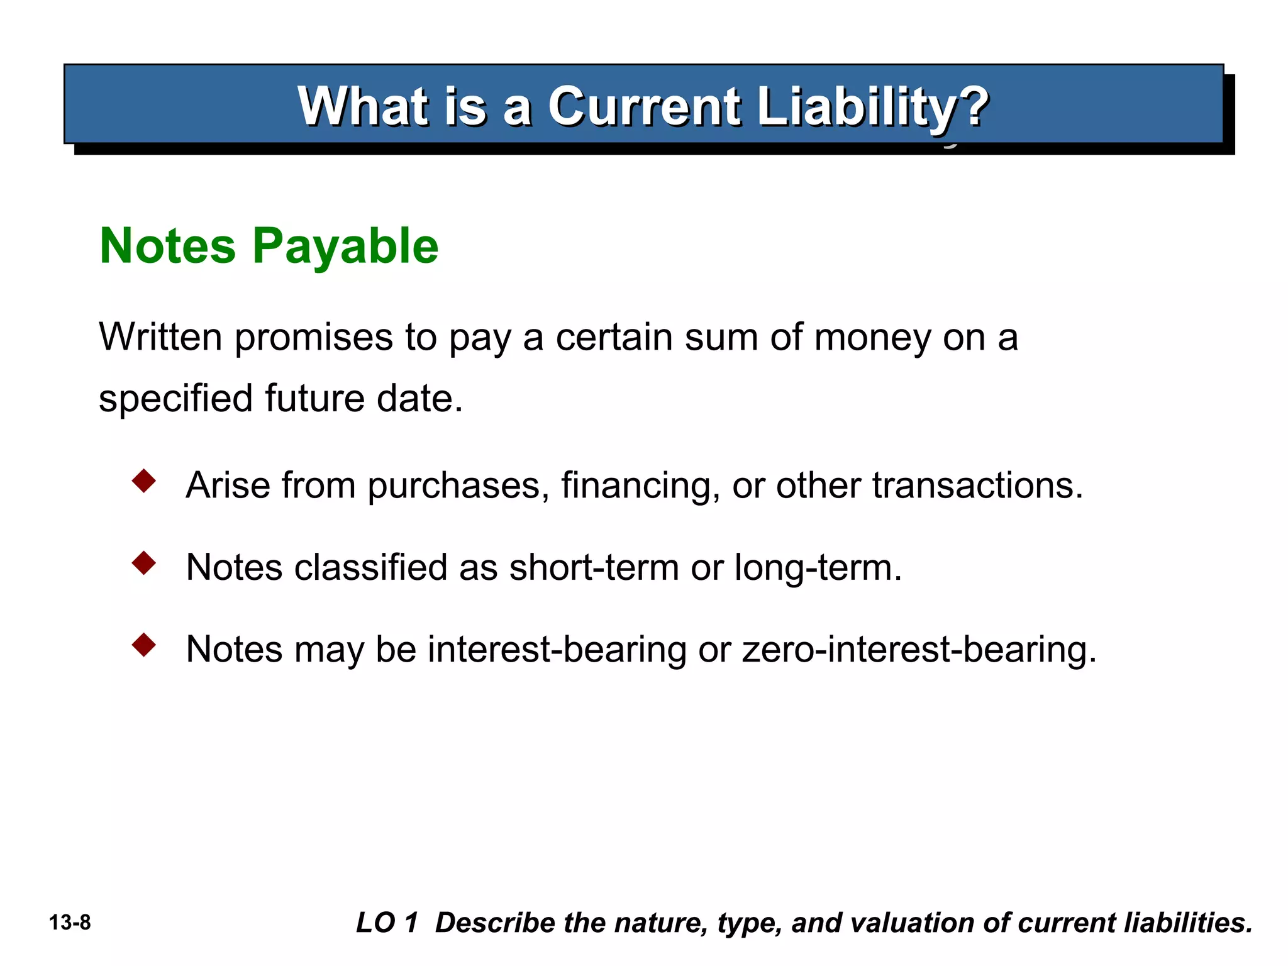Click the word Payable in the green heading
tap(345, 247)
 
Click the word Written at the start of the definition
tap(160, 337)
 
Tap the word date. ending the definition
tap(419, 398)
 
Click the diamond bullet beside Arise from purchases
tap(144, 481)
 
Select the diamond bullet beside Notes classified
tap(144, 563)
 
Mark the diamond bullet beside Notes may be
tap(144, 645)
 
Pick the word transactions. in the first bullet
tap(977, 486)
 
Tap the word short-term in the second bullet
tap(594, 567)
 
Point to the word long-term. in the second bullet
tap(818, 568)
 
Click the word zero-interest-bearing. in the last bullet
tap(919, 649)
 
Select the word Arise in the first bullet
tap(227, 486)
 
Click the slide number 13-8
tap(70, 923)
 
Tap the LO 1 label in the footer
tap(387, 923)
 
